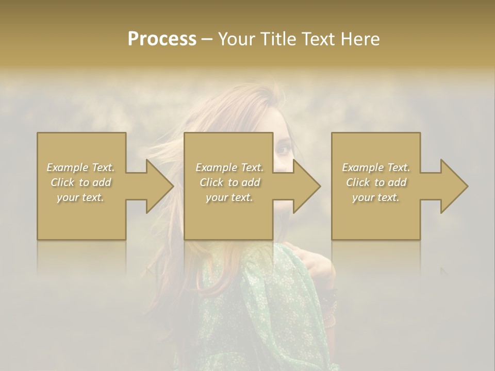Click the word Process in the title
[162, 39]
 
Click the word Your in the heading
[237, 39]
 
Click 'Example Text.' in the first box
[81, 167]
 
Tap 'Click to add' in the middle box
[229, 182]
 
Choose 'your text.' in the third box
[376, 197]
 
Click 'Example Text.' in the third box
[376, 167]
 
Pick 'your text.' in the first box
[81, 197]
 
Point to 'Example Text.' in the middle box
[229, 167]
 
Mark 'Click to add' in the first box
[81, 182]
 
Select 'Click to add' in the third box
[376, 182]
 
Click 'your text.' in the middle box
[229, 197]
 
